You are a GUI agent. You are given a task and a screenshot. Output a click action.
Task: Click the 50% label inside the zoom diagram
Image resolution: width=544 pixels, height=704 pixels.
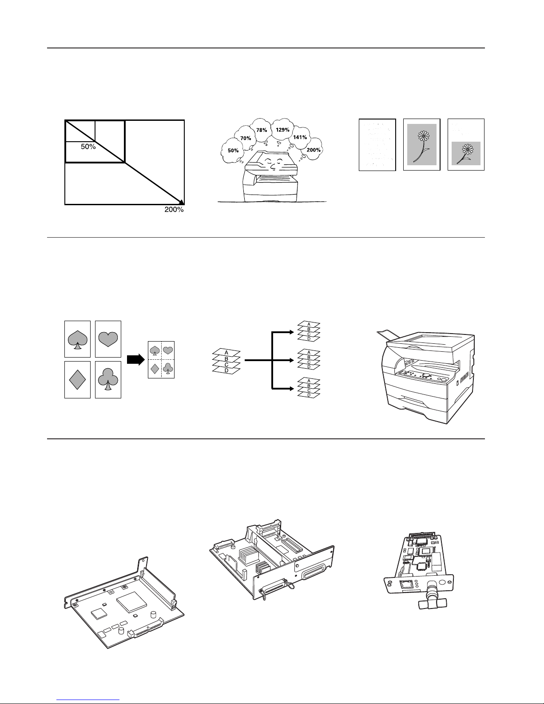coord(88,147)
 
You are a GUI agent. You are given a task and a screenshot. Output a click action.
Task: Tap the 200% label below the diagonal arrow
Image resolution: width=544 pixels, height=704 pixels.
coord(174,210)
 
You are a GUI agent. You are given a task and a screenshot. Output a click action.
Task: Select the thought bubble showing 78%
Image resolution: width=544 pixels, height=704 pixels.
coord(262,130)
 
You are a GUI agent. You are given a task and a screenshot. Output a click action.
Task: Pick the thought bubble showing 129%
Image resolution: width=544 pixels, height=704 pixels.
coord(282,129)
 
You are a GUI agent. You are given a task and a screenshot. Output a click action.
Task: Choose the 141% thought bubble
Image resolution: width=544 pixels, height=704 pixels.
coord(300,137)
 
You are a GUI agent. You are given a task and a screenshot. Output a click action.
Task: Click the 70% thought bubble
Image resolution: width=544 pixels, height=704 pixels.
coord(246,138)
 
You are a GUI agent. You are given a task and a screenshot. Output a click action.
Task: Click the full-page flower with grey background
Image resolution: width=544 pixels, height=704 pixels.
coord(421,144)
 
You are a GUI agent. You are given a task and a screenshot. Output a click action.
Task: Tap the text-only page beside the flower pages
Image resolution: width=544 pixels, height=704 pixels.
coord(377,144)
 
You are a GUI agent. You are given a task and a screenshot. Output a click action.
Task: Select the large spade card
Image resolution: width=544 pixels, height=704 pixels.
coord(77,339)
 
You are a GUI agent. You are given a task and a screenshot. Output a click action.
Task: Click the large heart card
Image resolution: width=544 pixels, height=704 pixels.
coord(108,339)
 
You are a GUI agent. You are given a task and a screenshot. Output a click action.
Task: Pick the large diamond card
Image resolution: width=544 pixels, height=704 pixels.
coord(77,379)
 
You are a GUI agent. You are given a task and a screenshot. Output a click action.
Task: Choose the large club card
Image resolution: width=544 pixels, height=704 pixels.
coord(108,379)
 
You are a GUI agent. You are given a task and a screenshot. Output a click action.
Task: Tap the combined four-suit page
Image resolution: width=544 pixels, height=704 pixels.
coord(161,360)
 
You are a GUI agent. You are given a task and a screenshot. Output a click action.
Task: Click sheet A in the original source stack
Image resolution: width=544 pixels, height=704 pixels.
coord(226,352)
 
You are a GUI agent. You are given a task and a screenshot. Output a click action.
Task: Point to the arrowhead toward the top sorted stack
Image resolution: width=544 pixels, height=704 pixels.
coord(291,331)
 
